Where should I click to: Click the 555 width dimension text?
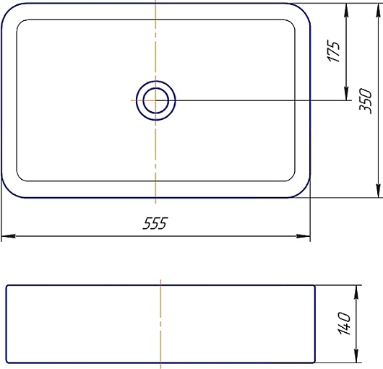pyautogui.click(x=155, y=223)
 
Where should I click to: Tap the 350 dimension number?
pyautogui.click(x=366, y=101)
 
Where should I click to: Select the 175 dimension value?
pyautogui.click(x=333, y=51)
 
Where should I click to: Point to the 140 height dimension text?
pyautogui.click(x=344, y=323)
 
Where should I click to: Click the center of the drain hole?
pyautogui.click(x=156, y=100)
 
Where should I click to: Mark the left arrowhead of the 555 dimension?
pyautogui.click(x=8, y=236)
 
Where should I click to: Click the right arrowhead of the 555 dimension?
pyautogui.click(x=303, y=236)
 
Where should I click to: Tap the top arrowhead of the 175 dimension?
pyautogui.click(x=346, y=11)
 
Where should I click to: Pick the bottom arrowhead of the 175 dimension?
pyautogui.click(x=346, y=93)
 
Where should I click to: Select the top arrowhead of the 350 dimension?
pyautogui.click(x=378, y=11)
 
